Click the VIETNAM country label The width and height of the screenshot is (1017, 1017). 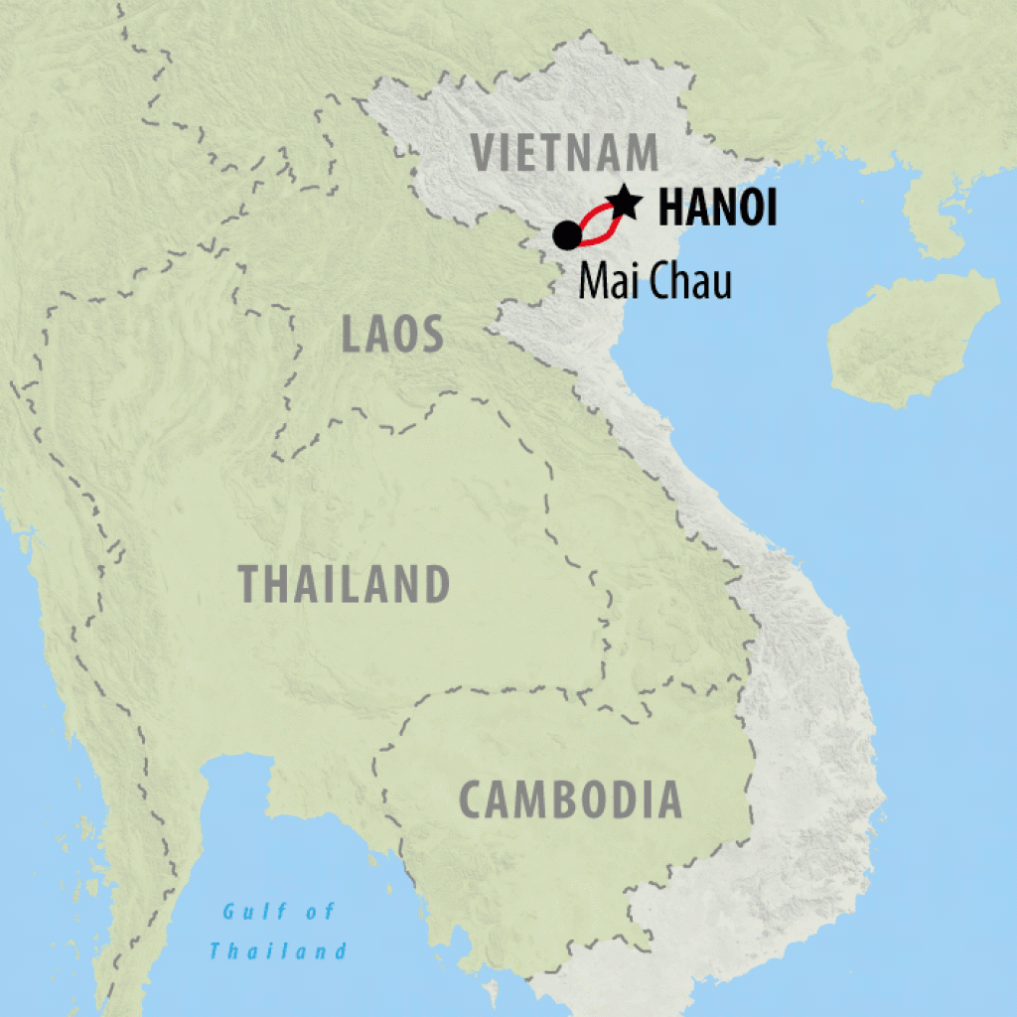(564, 153)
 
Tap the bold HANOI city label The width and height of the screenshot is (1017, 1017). (717, 210)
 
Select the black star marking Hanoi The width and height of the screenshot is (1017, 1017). (625, 202)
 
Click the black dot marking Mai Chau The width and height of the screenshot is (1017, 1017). (566, 235)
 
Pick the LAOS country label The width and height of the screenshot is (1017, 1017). (391, 336)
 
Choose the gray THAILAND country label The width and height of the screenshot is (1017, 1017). (345, 584)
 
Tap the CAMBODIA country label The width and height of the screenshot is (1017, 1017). (570, 799)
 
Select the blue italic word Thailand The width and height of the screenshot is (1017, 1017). (278, 951)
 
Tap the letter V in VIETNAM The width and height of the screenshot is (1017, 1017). (484, 153)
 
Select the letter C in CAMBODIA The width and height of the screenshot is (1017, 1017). (472, 799)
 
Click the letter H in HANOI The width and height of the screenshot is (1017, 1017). (671, 210)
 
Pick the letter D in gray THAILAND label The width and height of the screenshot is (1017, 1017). (437, 584)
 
